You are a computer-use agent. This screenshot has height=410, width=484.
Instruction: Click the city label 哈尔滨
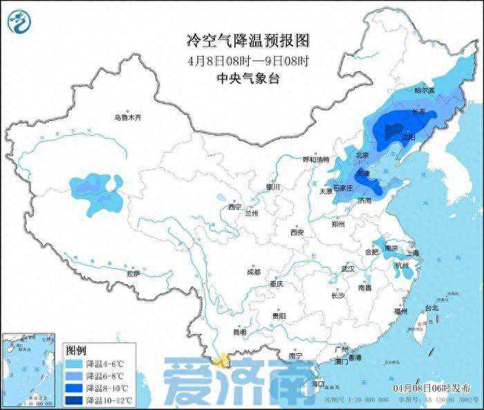point(424,91)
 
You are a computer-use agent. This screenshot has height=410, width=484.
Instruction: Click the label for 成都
point(253,272)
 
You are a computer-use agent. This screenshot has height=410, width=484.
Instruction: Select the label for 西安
point(297,232)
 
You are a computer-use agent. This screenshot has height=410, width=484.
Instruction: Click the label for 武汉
point(347,268)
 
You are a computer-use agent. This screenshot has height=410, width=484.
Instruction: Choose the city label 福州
point(400,312)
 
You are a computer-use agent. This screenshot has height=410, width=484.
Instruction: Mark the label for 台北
point(431,307)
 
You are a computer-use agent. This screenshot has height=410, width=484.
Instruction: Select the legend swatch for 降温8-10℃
point(75,388)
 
